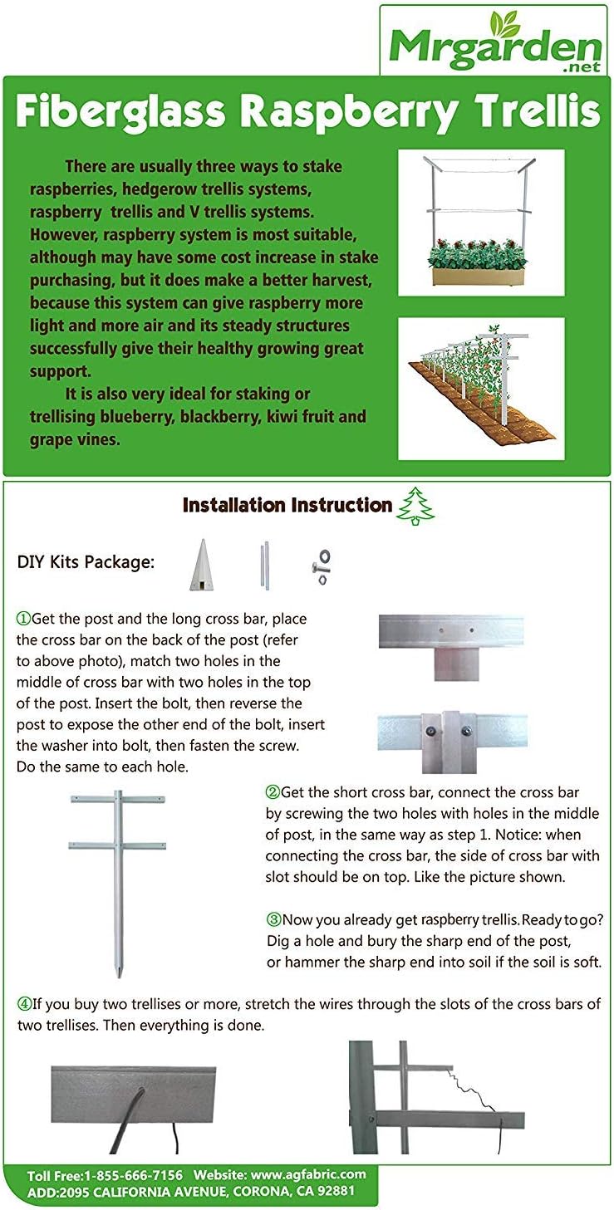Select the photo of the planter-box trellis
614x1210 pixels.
[x=480, y=222]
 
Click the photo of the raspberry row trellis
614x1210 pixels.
[x=480, y=388]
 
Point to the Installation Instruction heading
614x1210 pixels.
[x=287, y=505]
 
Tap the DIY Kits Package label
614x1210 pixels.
[x=86, y=561]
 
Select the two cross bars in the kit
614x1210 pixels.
[x=264, y=566]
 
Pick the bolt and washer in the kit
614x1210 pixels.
[x=321, y=566]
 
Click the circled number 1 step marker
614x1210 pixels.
[x=23, y=620]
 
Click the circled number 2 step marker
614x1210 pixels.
[x=273, y=792]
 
